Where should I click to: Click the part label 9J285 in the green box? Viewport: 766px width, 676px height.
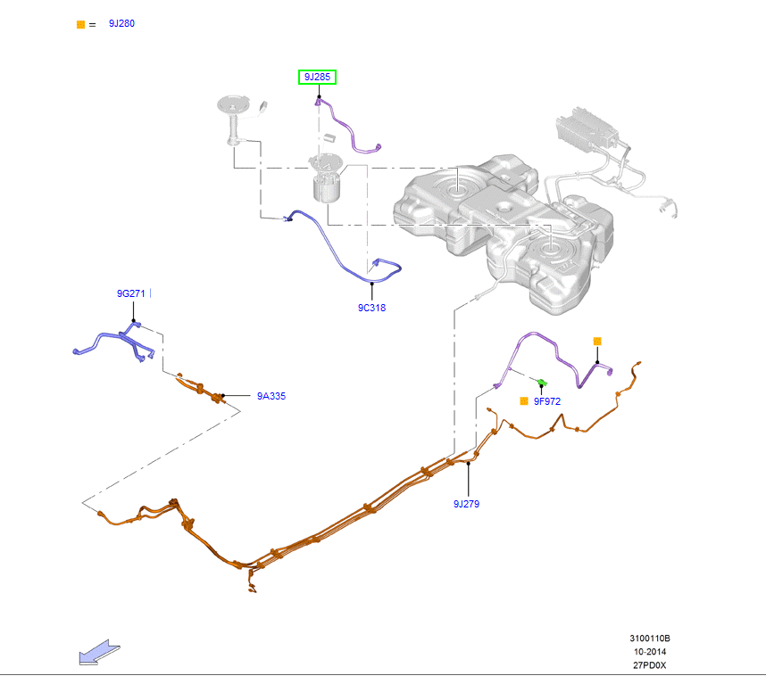(x=317, y=78)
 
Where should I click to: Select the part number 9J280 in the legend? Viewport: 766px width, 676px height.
(x=121, y=23)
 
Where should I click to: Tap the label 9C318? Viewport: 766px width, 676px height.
(x=371, y=308)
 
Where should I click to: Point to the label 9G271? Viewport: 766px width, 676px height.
(x=130, y=293)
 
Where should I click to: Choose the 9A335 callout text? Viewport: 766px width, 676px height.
(x=271, y=396)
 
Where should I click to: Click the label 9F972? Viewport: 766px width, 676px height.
(x=547, y=401)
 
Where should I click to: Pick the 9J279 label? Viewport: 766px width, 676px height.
(x=466, y=504)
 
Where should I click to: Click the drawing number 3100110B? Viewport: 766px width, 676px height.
(x=649, y=639)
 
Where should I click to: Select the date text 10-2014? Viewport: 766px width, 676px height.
(x=649, y=652)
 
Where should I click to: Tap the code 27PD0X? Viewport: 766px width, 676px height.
(x=649, y=665)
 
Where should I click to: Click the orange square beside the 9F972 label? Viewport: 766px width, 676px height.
(x=524, y=401)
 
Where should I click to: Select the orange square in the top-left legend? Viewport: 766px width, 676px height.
(x=80, y=24)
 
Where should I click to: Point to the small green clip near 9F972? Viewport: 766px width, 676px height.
(x=541, y=383)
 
